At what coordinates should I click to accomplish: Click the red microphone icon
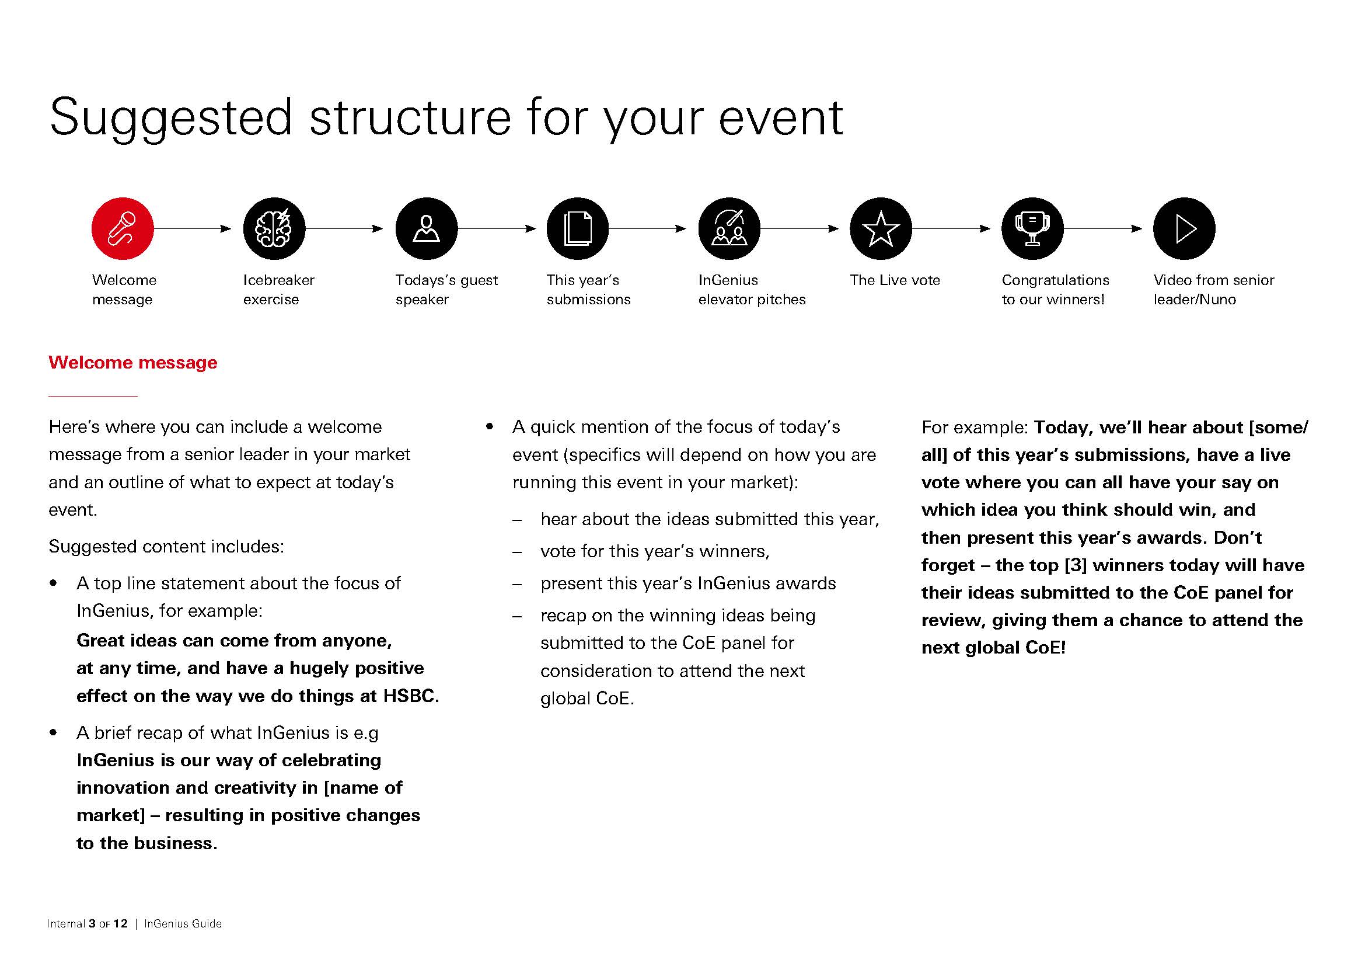[x=123, y=228]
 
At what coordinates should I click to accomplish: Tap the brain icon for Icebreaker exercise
[x=274, y=228]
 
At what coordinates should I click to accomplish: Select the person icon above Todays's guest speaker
[x=426, y=228]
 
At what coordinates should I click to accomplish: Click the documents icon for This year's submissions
[x=577, y=228]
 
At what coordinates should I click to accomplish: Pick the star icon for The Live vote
[x=881, y=228]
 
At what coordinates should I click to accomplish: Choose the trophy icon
[x=1032, y=228]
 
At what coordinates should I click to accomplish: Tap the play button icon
[x=1184, y=228]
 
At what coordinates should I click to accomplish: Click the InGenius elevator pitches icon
[x=729, y=228]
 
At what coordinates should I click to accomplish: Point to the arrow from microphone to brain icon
[x=193, y=228]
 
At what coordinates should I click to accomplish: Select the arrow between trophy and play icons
[x=1103, y=228]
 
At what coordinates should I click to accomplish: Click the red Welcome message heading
[x=132, y=362]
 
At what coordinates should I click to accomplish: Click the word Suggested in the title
[x=170, y=119]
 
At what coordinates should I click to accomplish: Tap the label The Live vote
[x=895, y=280]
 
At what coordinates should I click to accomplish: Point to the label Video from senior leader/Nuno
[x=1213, y=290]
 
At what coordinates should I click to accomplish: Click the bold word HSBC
[x=410, y=696]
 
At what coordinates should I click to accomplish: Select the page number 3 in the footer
[x=92, y=924]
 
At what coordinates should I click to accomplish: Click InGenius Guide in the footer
[x=183, y=924]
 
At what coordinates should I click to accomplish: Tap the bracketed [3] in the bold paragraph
[x=1075, y=565]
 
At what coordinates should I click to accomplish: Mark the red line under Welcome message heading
[x=93, y=395]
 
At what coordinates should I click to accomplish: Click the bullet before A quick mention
[x=490, y=426]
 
